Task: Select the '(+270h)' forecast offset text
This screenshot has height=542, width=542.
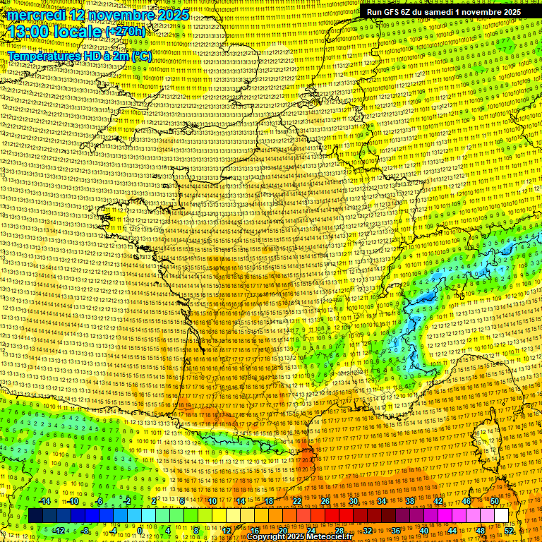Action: [x=126, y=32]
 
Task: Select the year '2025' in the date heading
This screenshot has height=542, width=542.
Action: [x=171, y=14]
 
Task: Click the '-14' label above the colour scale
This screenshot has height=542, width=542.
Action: [x=44, y=501]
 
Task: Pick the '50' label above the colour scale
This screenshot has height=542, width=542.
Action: [x=494, y=501]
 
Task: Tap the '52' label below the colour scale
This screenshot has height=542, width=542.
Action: [x=509, y=531]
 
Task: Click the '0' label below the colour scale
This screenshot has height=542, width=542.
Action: [x=140, y=531]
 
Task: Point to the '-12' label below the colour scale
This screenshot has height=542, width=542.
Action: [x=59, y=531]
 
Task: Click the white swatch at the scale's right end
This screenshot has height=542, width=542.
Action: [x=501, y=516]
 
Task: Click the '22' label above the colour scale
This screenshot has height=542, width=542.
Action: [x=297, y=501]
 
